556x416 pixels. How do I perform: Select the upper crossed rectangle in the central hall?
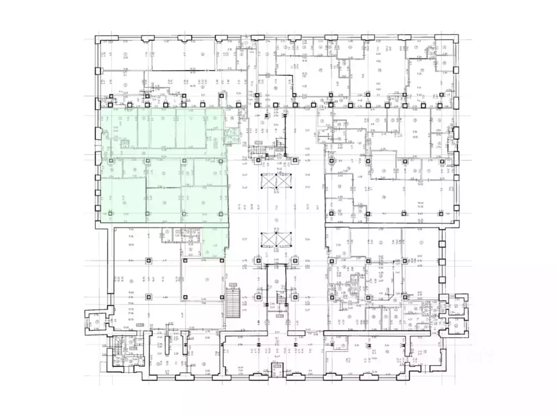click(x=276, y=181)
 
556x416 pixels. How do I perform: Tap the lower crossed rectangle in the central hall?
click(x=276, y=240)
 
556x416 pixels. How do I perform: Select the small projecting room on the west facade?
click(x=97, y=321)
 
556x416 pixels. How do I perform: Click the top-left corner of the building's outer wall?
click(x=97, y=40)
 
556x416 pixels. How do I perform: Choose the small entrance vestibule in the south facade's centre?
click(x=277, y=367)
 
